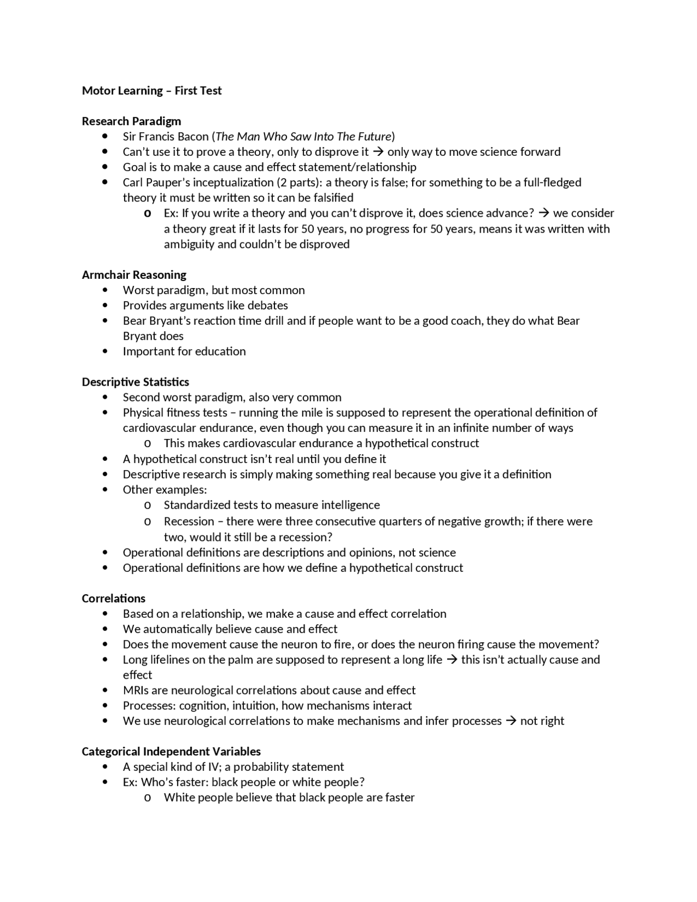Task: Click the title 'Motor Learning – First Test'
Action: (x=151, y=90)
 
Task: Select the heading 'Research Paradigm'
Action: (x=131, y=121)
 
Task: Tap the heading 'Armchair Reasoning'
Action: (x=134, y=275)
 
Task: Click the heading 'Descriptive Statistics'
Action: (x=135, y=382)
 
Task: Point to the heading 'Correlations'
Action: (x=113, y=598)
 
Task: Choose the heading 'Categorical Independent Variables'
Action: (x=171, y=751)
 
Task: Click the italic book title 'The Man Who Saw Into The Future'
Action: (x=303, y=136)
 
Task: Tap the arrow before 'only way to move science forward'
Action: (x=378, y=152)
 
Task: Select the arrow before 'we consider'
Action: (x=543, y=213)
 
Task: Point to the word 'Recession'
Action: (x=189, y=521)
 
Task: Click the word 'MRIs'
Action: (x=136, y=690)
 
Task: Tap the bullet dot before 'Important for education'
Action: (x=105, y=351)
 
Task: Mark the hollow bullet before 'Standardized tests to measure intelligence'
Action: (x=147, y=505)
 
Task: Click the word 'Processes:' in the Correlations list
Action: (x=149, y=705)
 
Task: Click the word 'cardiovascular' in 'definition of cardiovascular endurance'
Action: (x=159, y=428)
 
